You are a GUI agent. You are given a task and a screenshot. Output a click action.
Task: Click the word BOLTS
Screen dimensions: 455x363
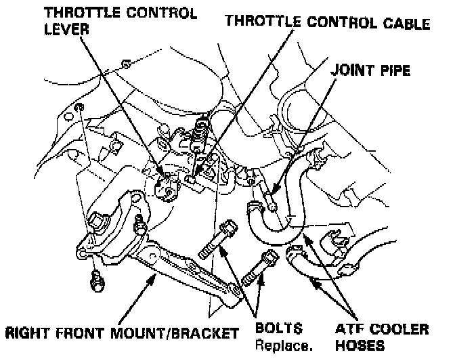pos(278,330)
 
